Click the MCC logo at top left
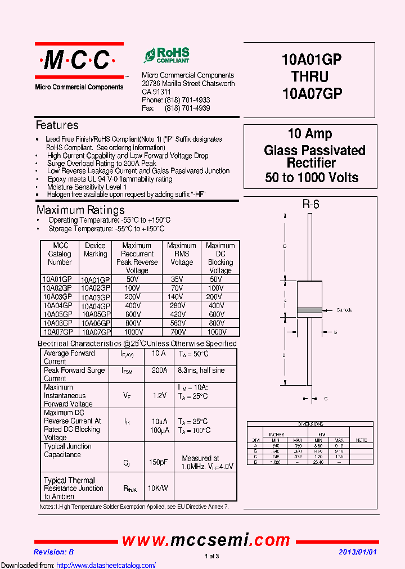pos(79,60)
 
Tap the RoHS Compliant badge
pos(166,55)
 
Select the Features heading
pos(57,125)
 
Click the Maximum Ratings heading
pos(80,210)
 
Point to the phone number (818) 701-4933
pos(187,100)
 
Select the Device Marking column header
pos(95,250)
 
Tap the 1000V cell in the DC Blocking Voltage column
pos(217,332)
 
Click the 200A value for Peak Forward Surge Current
pos(160,371)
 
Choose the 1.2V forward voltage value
pos(160,396)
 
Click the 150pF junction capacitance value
pos(157,462)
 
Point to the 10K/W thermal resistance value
pos(157,488)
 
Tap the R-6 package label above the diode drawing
pos(310,205)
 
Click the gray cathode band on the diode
pos(309,310)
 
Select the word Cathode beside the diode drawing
pos(344,310)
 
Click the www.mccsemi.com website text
pos(206,540)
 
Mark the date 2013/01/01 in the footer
pos(358,552)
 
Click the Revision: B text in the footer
pos(53,552)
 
